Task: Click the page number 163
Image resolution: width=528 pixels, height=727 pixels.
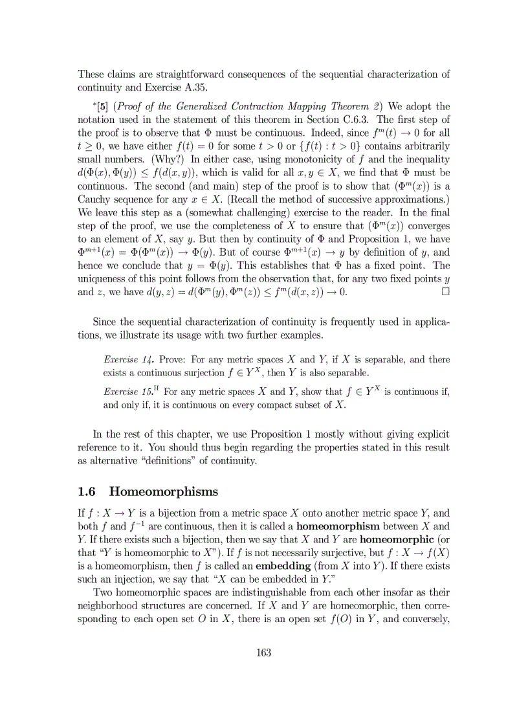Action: tap(263, 652)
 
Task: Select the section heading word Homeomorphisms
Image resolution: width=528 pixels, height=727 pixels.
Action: tap(164, 491)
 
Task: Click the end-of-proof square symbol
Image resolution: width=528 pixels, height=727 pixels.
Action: tap(445, 291)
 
